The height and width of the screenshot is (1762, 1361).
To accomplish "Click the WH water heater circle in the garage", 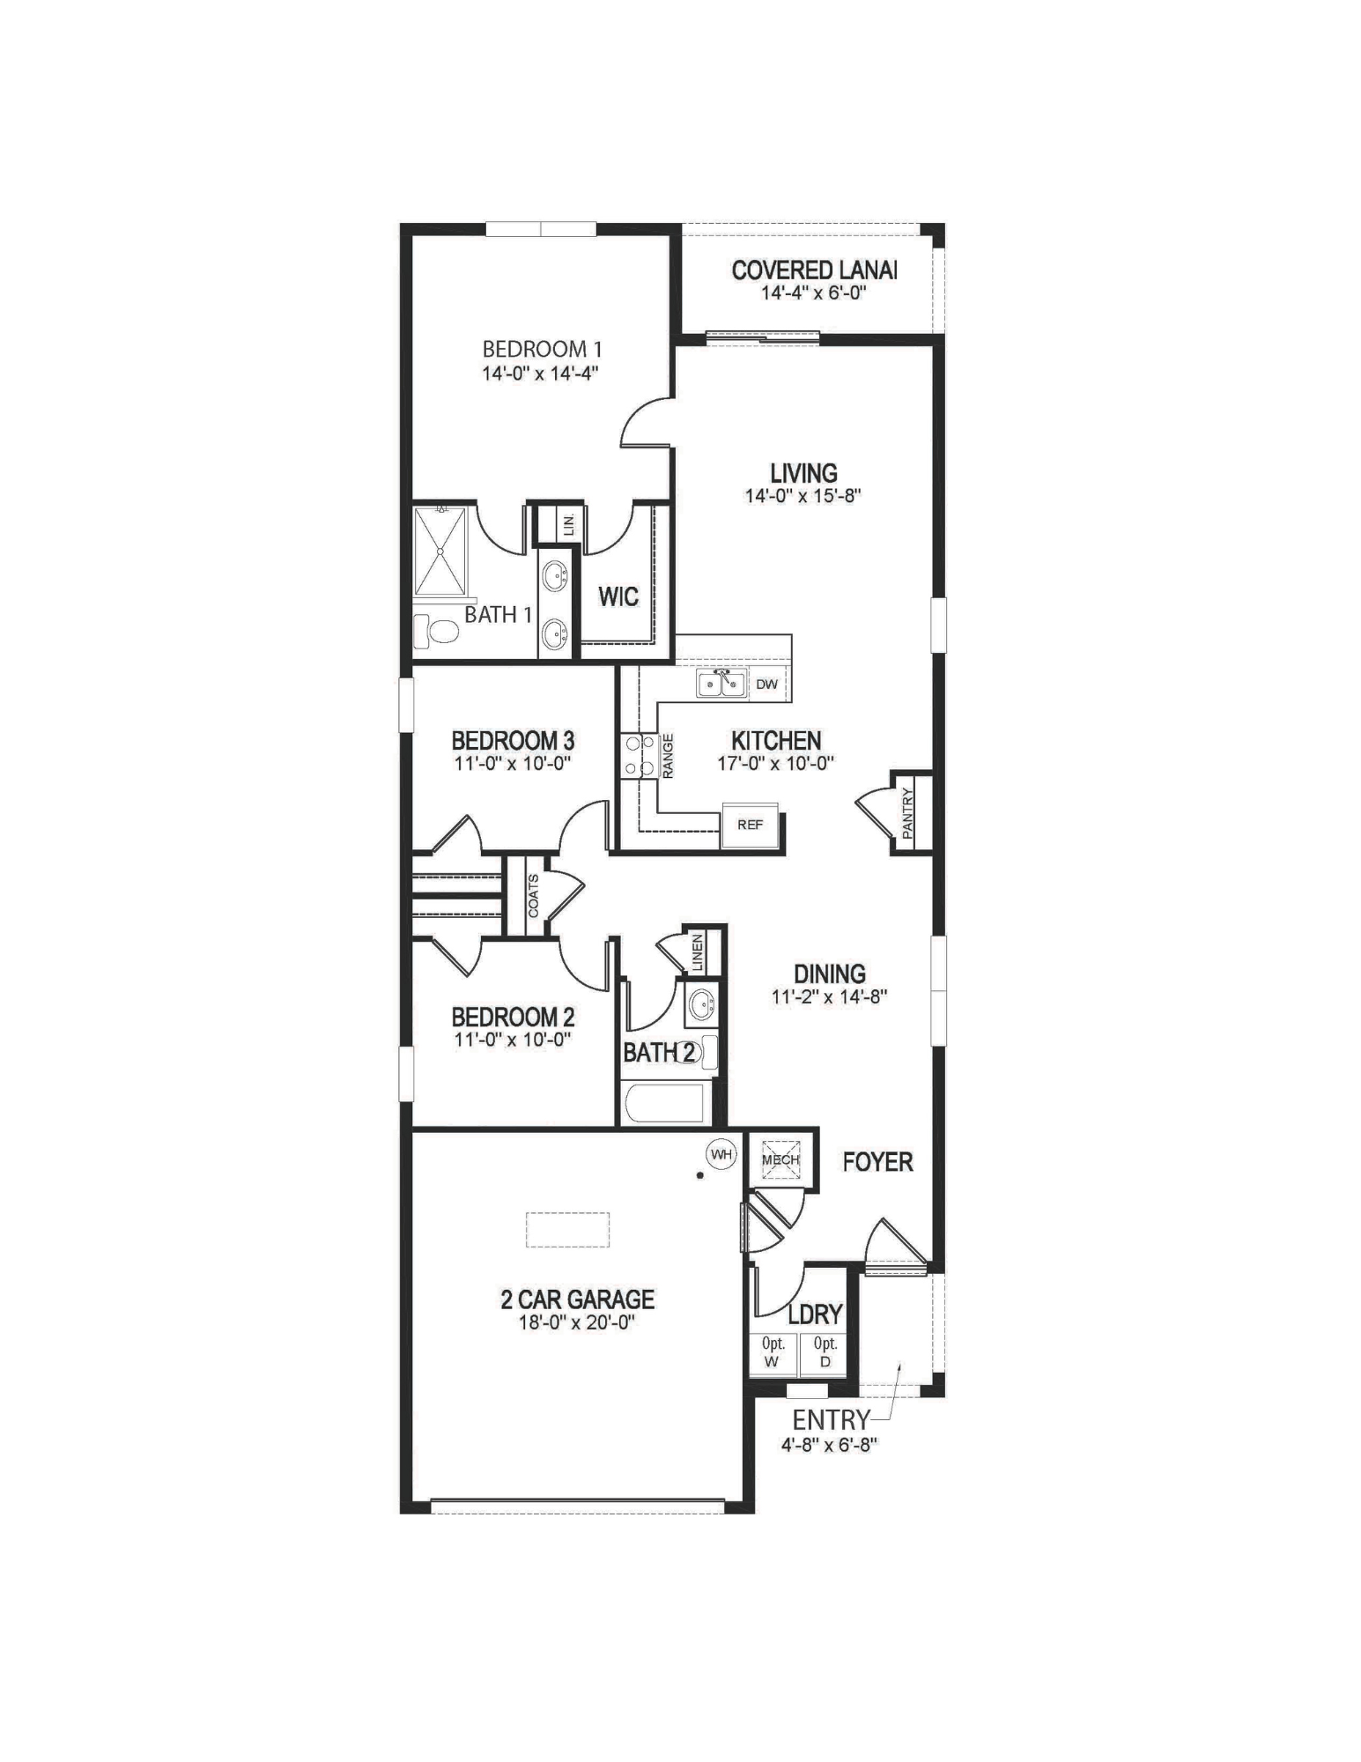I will [721, 1154].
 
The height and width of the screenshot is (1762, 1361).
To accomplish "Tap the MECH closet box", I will [780, 1159].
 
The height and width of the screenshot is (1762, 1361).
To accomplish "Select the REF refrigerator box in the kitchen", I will [751, 825].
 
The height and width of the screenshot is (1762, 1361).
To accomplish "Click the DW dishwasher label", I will [766, 684].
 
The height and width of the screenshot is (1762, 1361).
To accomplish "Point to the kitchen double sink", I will [721, 684].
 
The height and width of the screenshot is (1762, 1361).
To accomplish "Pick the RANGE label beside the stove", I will [669, 756].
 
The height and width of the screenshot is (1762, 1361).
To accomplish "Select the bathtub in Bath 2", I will [663, 1103].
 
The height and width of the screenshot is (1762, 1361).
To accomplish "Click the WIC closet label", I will [618, 596].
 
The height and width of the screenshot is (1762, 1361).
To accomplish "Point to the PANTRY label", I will [908, 813].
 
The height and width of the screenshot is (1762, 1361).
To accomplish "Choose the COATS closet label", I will [534, 896].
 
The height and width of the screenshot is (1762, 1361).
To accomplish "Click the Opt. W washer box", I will [773, 1353].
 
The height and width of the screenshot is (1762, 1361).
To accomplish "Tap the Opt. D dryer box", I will [825, 1353].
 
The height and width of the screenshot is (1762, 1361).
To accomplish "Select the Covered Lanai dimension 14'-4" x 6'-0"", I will [814, 292].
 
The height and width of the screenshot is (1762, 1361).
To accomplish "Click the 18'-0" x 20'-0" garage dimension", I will [577, 1321].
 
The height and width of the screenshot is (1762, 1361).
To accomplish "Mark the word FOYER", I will [877, 1162].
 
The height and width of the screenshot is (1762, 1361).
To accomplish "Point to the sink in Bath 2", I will [702, 1003].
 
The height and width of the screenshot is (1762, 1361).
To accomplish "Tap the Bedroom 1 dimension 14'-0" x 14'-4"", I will [540, 373].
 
